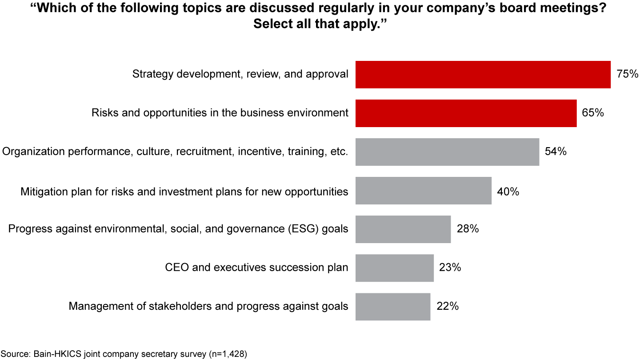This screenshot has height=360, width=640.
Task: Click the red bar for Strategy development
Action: coord(483,75)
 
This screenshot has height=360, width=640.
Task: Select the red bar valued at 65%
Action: coord(466,113)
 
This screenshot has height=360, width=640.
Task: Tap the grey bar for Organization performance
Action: coord(447,152)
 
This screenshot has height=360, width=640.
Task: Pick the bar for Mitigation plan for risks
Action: coord(423,191)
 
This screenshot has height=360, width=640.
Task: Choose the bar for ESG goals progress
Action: coord(403,229)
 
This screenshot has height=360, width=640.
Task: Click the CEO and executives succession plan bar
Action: coord(394,268)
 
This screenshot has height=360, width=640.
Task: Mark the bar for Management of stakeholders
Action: coord(392,307)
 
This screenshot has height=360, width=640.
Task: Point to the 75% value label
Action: coord(628,74)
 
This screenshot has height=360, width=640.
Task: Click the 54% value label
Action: coord(556,152)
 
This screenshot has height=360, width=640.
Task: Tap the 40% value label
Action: coord(508,192)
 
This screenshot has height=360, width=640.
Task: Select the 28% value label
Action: coord(468,229)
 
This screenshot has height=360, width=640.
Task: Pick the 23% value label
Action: coord(450,268)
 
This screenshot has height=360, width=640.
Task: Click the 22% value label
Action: coord(448,307)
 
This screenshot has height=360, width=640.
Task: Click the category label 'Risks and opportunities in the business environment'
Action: coord(220,113)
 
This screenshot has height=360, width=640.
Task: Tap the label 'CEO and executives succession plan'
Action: coord(256,268)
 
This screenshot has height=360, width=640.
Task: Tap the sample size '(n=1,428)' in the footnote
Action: coord(227,354)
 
